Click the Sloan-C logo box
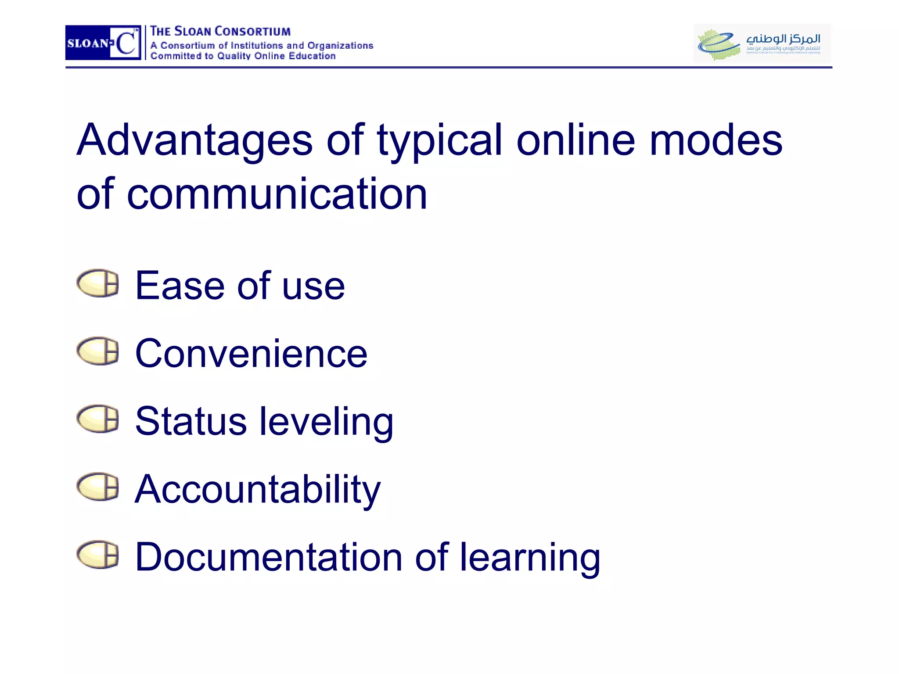coord(103,43)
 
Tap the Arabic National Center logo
coord(762,43)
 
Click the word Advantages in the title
coord(194,140)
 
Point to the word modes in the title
coord(716,140)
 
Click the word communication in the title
coord(277,194)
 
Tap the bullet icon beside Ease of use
coord(98,283)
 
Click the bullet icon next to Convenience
coord(98,351)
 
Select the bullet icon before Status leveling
coord(98,419)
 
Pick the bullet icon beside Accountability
coord(98,487)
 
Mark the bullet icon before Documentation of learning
coord(98,555)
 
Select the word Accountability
coord(257,490)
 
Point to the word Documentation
coord(269,557)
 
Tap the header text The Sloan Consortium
coord(220,32)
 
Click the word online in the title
coord(575,140)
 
